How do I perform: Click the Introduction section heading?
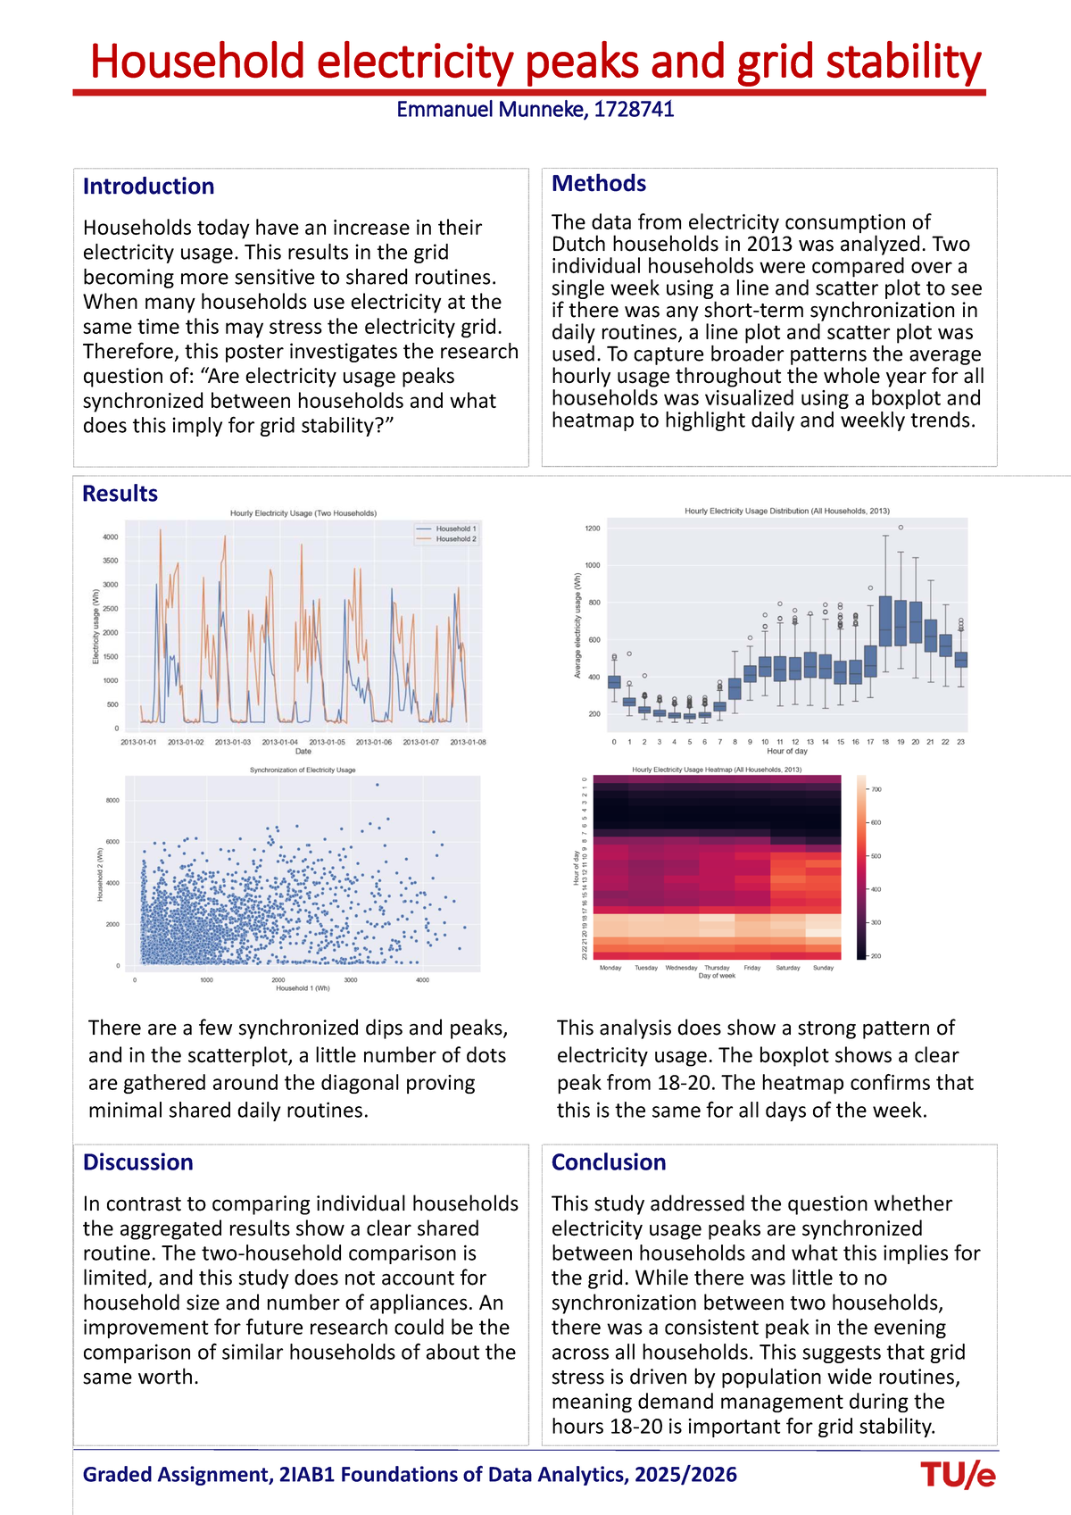tap(148, 187)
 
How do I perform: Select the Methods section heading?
tap(598, 183)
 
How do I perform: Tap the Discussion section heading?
tap(137, 1162)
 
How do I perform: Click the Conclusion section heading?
tap(608, 1162)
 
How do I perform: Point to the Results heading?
tap(120, 494)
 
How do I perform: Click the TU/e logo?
tap(958, 1475)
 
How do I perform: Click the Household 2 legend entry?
tap(455, 539)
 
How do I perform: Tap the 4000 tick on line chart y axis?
tap(110, 537)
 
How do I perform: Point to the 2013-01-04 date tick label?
tap(280, 742)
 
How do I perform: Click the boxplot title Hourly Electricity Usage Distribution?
tap(786, 512)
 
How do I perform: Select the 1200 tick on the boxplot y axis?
tap(593, 529)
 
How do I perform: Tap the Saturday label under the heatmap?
tap(787, 968)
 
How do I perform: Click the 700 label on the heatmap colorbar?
tap(876, 789)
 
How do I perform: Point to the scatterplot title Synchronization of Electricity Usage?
tap(303, 770)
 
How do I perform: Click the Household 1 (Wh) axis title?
tap(303, 988)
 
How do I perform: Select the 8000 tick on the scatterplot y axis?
tap(112, 801)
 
